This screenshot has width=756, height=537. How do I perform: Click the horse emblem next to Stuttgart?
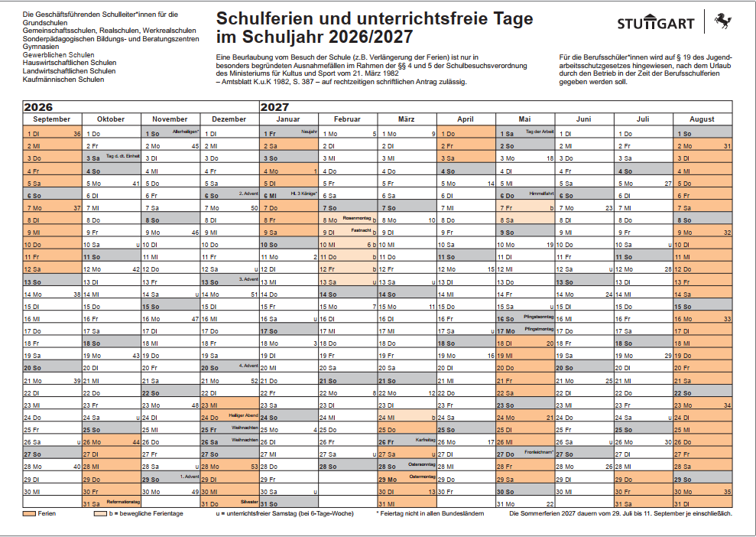[x=722, y=21]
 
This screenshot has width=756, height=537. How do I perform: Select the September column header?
[x=52, y=119]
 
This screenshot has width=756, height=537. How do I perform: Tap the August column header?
[x=702, y=119]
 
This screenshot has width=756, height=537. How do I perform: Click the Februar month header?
[x=347, y=119]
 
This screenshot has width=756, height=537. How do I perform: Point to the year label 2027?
[x=274, y=108]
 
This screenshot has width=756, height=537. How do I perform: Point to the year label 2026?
[x=38, y=108]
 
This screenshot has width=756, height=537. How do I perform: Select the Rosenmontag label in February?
[x=357, y=218]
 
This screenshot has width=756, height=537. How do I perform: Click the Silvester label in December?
[x=249, y=501]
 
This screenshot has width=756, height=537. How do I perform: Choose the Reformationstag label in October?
[x=125, y=501]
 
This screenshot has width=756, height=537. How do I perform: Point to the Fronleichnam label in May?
[x=538, y=452]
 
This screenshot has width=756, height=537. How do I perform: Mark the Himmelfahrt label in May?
[x=540, y=194]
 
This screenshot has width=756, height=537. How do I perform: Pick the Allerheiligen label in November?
[x=186, y=132]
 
